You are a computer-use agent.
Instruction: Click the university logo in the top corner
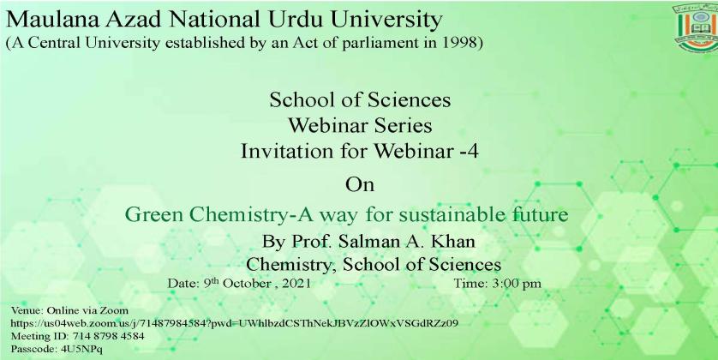(x=696, y=27)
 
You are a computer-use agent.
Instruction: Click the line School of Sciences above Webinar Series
(x=360, y=99)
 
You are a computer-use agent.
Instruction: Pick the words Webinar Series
(x=360, y=125)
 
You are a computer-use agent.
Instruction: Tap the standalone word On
(x=360, y=184)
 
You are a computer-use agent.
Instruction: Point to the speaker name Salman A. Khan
(x=407, y=242)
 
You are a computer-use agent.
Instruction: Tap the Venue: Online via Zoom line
(x=69, y=310)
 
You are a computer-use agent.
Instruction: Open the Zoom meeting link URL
(x=235, y=323)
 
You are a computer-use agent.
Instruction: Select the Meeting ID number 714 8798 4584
(x=109, y=336)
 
